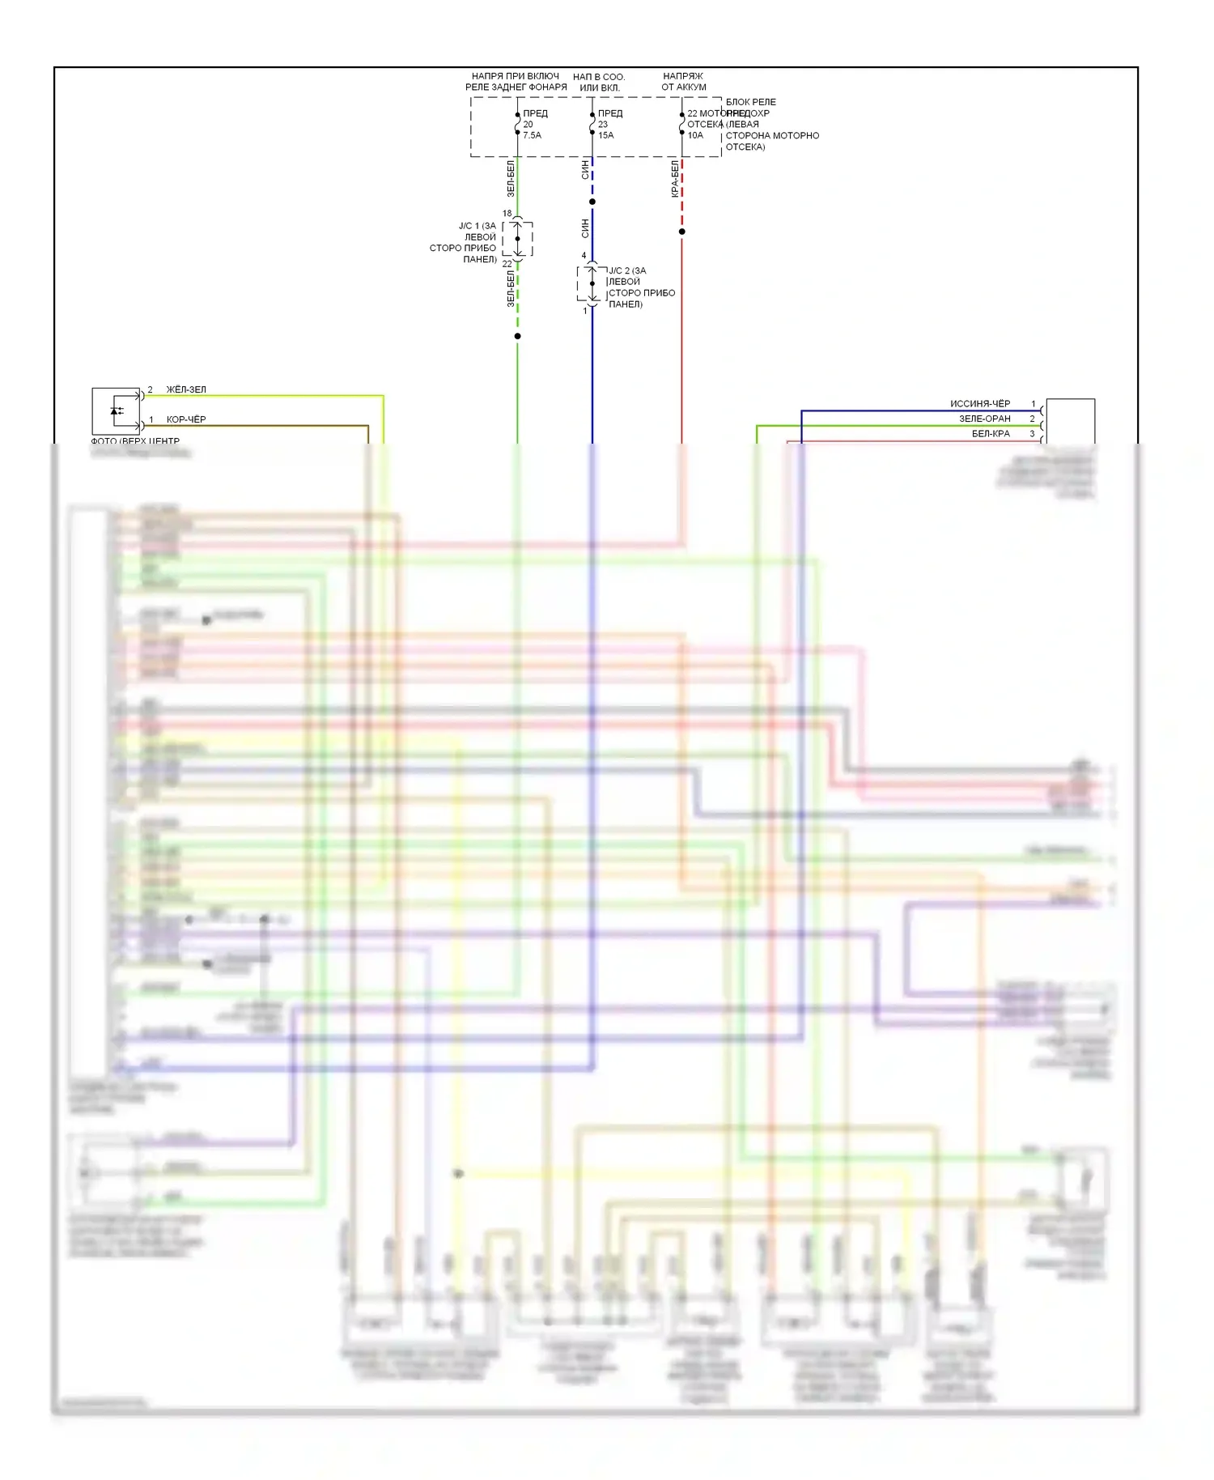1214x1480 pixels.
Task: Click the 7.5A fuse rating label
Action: (x=532, y=135)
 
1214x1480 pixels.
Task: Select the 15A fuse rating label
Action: (x=605, y=135)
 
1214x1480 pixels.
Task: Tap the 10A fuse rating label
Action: (x=695, y=135)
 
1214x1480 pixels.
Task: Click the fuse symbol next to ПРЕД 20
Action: (x=518, y=124)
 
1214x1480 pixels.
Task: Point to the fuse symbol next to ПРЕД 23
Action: (x=592, y=124)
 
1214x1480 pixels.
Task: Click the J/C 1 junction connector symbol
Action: (x=518, y=239)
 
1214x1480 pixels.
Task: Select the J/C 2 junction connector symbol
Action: (x=592, y=283)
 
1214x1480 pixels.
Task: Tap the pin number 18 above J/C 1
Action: (x=507, y=214)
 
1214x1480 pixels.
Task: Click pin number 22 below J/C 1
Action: (x=507, y=264)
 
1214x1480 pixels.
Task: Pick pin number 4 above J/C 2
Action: (x=584, y=256)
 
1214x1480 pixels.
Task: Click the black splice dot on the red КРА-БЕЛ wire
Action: (x=682, y=232)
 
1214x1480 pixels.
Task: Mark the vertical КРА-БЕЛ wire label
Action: (x=675, y=179)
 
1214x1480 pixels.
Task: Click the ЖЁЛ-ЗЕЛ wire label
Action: (x=186, y=389)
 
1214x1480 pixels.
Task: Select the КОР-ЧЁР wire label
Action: (x=186, y=419)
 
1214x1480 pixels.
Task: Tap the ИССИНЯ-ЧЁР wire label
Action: (x=980, y=403)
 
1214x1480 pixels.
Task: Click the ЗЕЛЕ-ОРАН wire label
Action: (x=985, y=419)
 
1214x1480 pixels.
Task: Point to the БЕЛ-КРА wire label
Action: (x=991, y=434)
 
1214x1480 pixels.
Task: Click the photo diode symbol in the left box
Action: (x=117, y=410)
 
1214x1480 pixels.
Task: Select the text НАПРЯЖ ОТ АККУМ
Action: (x=684, y=82)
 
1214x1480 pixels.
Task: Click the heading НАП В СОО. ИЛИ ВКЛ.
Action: (x=599, y=82)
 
